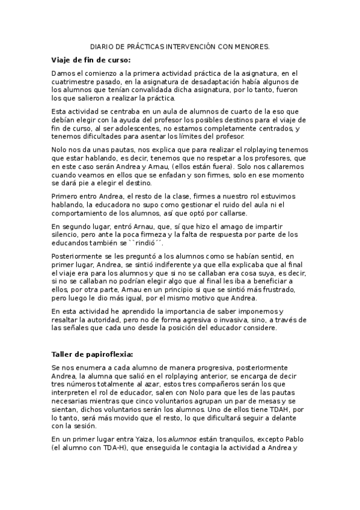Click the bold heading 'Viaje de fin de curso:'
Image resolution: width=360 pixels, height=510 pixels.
click(90, 60)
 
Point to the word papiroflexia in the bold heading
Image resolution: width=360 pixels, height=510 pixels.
click(107, 354)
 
